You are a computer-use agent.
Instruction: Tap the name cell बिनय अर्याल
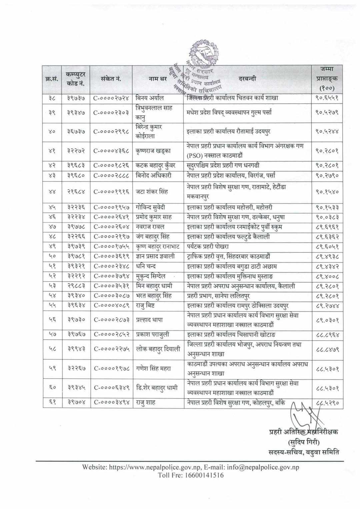(x=150, y=98)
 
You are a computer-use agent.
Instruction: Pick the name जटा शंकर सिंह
(x=152, y=192)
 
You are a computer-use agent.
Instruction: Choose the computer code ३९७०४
(x=76, y=403)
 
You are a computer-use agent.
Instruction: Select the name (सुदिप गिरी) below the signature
(x=303, y=443)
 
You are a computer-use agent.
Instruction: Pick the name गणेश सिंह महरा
(x=153, y=369)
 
